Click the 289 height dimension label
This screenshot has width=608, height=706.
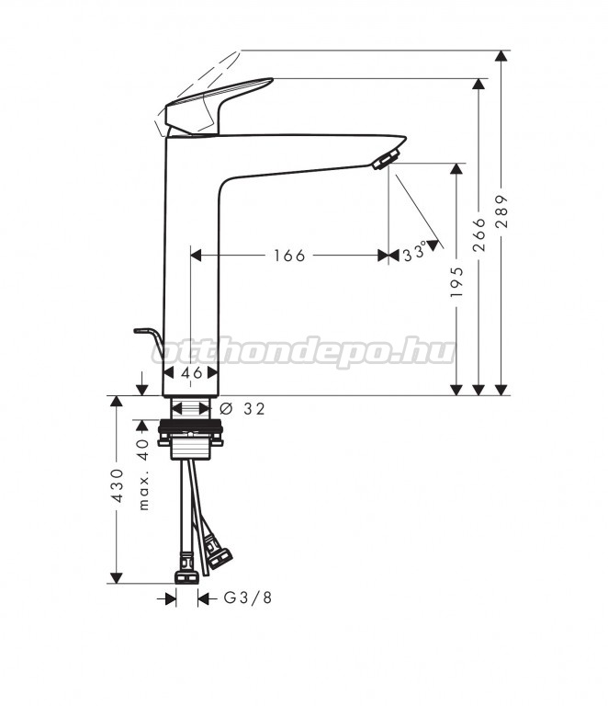click(x=501, y=211)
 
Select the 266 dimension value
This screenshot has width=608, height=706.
click(x=479, y=234)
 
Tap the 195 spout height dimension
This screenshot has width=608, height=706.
click(x=456, y=282)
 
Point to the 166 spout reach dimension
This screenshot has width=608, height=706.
click(x=289, y=256)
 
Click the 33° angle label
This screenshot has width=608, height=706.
click(x=414, y=252)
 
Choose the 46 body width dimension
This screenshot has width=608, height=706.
click(x=192, y=373)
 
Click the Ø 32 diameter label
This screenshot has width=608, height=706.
click(x=242, y=409)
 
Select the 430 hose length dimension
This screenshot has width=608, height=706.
click(x=117, y=485)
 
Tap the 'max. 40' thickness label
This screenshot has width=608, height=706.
click(x=143, y=474)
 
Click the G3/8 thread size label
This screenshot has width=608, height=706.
click(x=248, y=598)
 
